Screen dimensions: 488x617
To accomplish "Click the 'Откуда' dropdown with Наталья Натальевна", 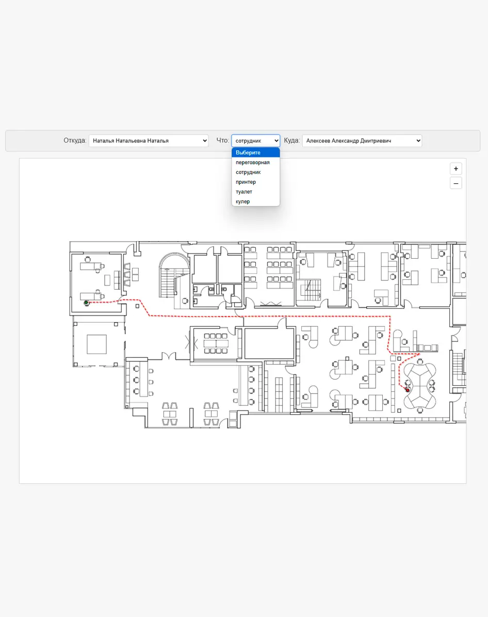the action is (x=148, y=140).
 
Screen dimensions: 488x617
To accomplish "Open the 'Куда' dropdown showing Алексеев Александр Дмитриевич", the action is (x=362, y=140).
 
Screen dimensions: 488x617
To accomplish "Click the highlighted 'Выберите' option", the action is (x=255, y=152).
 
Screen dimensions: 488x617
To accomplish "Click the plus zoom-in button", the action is (x=456, y=169).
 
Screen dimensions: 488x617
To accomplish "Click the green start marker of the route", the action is (x=86, y=303).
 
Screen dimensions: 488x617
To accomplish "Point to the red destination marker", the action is (x=408, y=390).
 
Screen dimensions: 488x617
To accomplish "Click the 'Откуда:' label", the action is (x=75, y=140).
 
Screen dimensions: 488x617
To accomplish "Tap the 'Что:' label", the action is (x=222, y=140).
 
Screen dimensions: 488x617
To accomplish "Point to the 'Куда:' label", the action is (x=292, y=140).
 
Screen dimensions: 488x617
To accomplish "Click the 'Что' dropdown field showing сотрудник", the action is (x=255, y=140).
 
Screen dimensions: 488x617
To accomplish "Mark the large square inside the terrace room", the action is (x=97, y=344).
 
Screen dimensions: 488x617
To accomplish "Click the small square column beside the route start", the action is (x=137, y=306).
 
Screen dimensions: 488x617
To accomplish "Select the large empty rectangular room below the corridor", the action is (x=269, y=343).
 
